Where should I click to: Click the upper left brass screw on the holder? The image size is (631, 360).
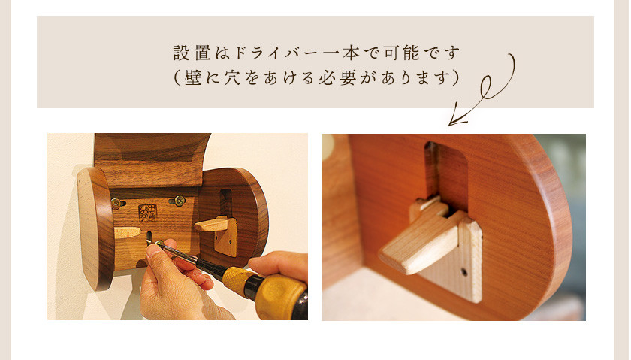(x=116, y=203)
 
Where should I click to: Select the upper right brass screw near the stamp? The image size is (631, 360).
(x=179, y=200)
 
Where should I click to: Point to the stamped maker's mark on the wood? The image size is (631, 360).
(x=148, y=213)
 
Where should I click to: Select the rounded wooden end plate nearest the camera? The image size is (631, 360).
(x=95, y=228)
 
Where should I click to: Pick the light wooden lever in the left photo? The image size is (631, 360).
(x=211, y=224)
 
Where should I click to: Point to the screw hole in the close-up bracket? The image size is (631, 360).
(x=464, y=272)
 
